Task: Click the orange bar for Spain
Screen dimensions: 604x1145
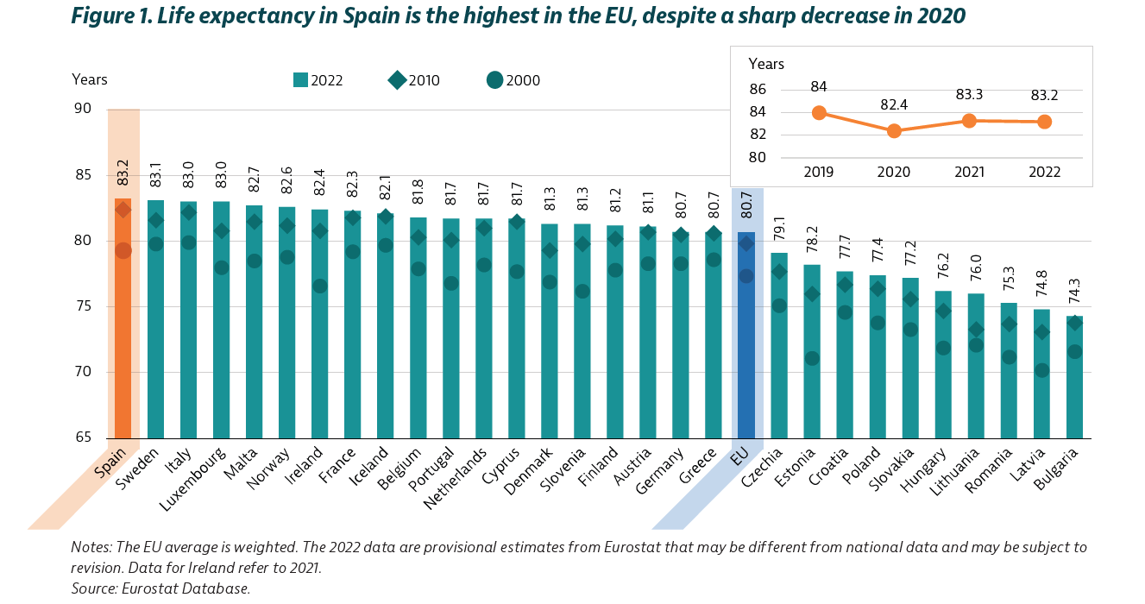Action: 123,345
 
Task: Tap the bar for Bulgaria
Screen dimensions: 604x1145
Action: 1074,388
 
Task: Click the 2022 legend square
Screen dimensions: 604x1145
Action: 301,80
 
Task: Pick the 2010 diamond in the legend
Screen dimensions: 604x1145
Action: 398,80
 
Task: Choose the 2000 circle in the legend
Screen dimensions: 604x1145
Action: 494,80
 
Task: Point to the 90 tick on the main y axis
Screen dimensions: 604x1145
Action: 83,109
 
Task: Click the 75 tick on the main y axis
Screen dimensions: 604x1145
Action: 83,306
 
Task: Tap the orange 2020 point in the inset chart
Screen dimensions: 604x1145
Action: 894,130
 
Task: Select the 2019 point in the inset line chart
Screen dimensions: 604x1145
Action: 819,113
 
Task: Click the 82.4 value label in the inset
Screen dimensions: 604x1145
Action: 894,104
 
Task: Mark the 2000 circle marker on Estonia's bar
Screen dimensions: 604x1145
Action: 812,358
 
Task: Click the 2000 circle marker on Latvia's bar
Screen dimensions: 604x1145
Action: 1041,370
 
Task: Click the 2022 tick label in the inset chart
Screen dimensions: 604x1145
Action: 1044,173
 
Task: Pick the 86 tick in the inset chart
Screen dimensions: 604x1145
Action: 758,90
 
